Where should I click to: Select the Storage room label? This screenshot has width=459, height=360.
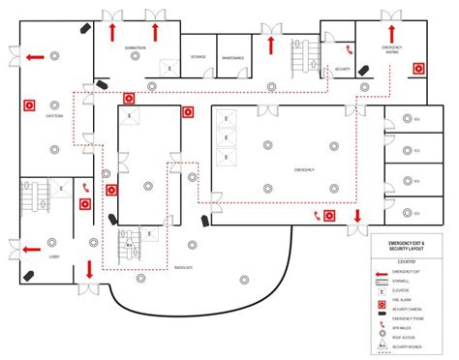(199, 58)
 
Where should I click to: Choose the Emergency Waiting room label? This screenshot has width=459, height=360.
(392, 49)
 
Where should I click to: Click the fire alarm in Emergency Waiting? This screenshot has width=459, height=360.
(419, 69)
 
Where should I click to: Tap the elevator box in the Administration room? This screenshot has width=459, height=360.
(170, 70)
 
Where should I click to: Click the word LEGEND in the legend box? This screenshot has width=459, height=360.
(406, 262)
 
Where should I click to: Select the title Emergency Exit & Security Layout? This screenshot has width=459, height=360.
(406, 246)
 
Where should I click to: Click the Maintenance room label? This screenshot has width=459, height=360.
(233, 58)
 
